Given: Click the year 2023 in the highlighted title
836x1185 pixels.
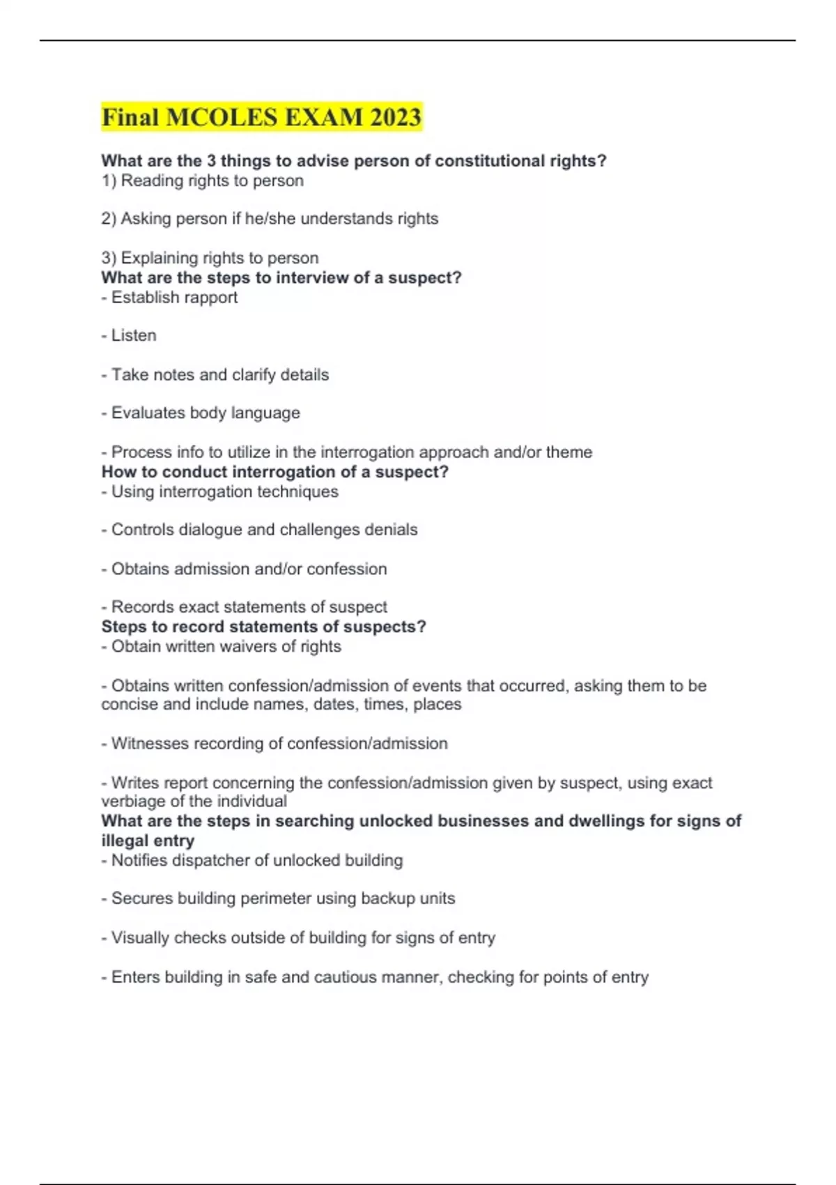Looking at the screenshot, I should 395,117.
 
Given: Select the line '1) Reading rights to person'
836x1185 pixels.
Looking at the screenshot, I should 202,181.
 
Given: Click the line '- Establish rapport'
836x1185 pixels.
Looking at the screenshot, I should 169,298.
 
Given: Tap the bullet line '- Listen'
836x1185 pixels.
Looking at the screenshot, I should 129,335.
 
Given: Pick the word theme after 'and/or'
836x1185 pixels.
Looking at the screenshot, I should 569,452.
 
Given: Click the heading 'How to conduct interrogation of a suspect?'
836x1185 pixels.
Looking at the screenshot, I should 274,472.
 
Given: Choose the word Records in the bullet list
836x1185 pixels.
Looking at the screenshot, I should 139,607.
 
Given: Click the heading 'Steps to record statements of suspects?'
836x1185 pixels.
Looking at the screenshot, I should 263,627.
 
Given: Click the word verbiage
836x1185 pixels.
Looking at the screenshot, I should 132,802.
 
